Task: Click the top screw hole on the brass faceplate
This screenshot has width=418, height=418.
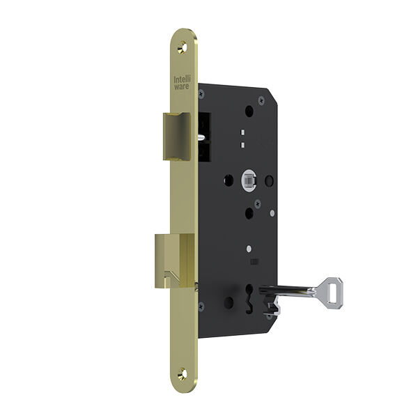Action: click(183, 47)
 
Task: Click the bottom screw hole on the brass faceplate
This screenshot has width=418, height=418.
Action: click(183, 373)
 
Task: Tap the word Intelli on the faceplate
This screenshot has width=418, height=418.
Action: click(183, 79)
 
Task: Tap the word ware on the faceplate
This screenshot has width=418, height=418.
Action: click(182, 86)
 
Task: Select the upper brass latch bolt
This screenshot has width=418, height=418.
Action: click(177, 137)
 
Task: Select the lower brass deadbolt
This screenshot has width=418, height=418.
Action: click(175, 261)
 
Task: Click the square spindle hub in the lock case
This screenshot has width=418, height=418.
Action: click(249, 181)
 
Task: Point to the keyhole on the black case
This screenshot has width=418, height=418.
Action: click(249, 297)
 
